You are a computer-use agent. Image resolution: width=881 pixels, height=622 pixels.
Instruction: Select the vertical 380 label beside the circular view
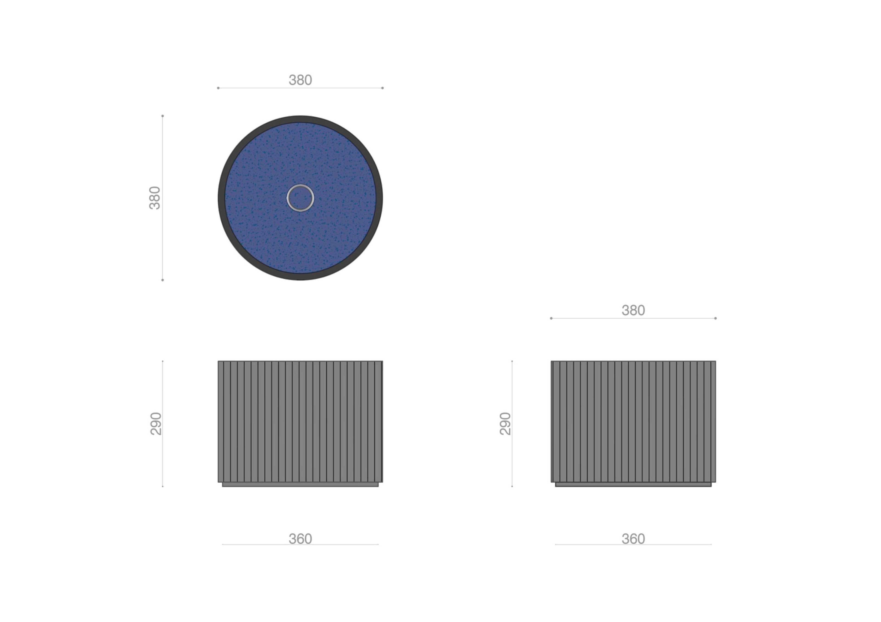pyautogui.click(x=155, y=198)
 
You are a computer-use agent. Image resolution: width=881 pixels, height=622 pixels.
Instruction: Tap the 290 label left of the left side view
pyautogui.click(x=156, y=424)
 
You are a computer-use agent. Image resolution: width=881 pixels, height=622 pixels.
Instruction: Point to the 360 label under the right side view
pyautogui.click(x=633, y=539)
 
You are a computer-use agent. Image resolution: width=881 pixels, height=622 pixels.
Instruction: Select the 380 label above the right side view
pyautogui.click(x=633, y=310)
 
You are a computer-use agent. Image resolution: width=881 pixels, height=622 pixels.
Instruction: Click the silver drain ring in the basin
pyautogui.click(x=301, y=185)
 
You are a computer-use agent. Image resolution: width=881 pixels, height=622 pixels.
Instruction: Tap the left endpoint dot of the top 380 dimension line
pyautogui.click(x=218, y=88)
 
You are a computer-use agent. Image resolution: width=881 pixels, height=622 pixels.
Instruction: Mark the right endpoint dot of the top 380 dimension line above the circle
pyautogui.click(x=382, y=88)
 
